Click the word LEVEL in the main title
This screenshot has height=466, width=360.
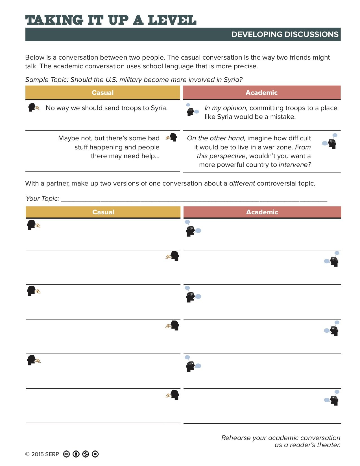[x=172, y=20]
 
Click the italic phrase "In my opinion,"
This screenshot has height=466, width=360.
[x=226, y=108]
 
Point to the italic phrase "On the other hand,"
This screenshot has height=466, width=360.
[x=216, y=138]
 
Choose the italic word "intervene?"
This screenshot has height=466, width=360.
[x=295, y=165]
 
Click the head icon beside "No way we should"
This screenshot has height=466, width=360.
[x=33, y=108]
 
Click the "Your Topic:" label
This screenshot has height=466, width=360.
[x=42, y=199]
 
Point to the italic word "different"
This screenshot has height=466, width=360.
[x=242, y=183]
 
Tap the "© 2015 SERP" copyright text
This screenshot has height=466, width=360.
[x=42, y=454]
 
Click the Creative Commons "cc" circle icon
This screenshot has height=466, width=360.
[x=66, y=454]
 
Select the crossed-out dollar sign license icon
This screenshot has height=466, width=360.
[x=86, y=454]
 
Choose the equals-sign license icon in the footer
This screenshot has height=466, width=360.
[x=95, y=454]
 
